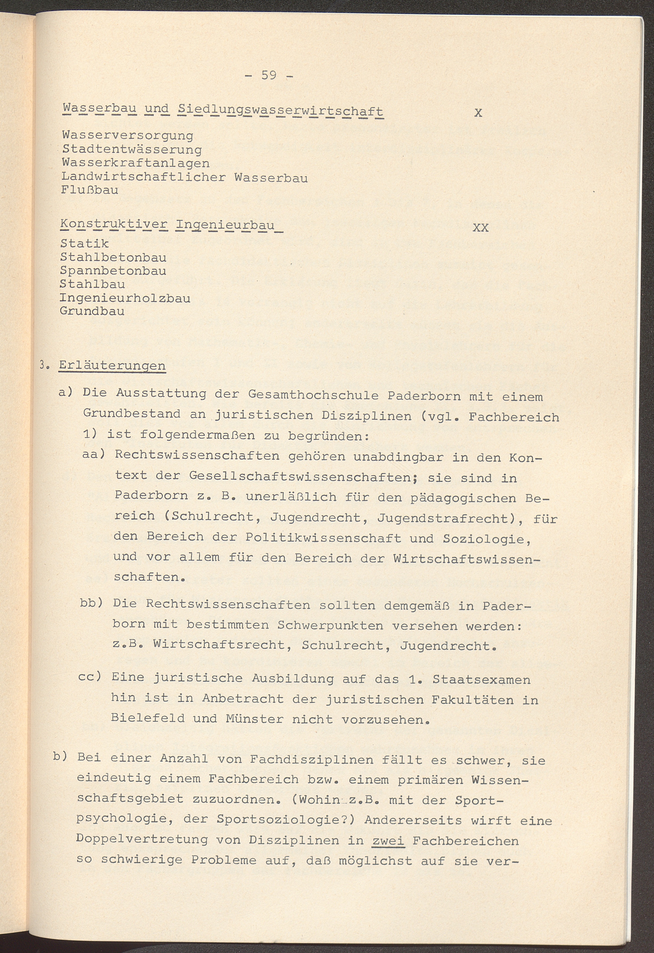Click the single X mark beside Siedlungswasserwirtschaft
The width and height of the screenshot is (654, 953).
[x=478, y=113]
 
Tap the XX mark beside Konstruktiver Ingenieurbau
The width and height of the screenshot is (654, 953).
[x=481, y=228]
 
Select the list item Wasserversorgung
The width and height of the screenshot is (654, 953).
[x=127, y=135]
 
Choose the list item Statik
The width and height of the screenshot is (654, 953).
[x=84, y=244]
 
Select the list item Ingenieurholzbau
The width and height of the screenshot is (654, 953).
[x=125, y=298]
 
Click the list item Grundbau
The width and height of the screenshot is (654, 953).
[x=92, y=311]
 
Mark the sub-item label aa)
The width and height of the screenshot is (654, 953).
[x=94, y=455]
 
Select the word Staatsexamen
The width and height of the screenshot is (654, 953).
[x=481, y=679]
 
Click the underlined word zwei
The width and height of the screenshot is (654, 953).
[x=388, y=841]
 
